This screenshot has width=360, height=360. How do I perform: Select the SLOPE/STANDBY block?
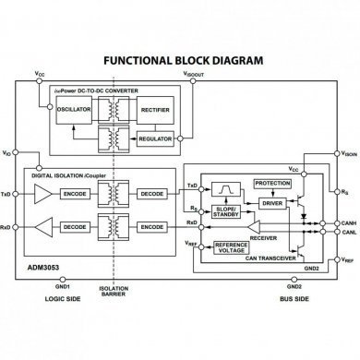pyautogui.click(x=227, y=210)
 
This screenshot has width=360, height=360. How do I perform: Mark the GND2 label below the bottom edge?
pyautogui.click(x=294, y=285)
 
